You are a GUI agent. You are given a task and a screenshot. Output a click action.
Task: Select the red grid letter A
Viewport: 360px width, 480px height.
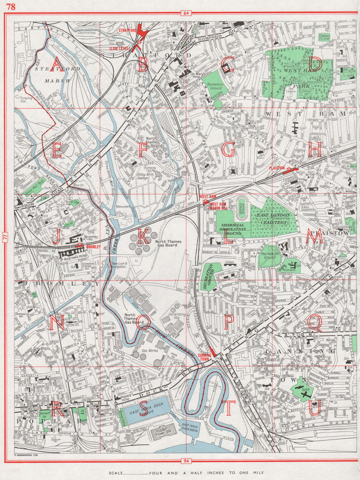coord(57,64)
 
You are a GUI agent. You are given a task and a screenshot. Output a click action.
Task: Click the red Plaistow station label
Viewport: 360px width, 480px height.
coord(277,168)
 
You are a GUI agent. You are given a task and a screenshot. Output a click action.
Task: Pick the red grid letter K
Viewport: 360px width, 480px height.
coord(142,237)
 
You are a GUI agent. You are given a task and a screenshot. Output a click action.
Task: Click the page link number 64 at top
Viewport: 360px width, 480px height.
coord(186,14)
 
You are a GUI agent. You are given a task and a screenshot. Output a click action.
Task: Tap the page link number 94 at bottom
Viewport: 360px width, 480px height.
coord(186,461)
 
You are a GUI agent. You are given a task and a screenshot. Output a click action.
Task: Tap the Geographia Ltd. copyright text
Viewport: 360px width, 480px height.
coord(26,455)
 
